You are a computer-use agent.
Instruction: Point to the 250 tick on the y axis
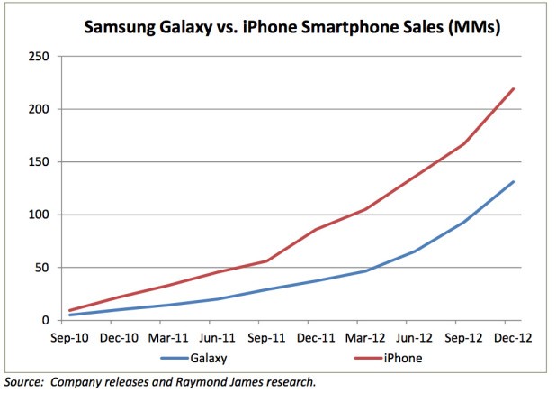pos(39,57)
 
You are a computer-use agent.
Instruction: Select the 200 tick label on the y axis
pos(39,109)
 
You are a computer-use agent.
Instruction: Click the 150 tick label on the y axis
pos(39,162)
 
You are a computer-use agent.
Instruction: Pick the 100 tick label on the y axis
pos(39,215)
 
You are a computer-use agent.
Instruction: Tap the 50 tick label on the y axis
pos(42,268)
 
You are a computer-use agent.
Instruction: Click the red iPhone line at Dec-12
pos(512,89)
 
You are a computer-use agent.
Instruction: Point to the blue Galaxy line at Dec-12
pos(512,182)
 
